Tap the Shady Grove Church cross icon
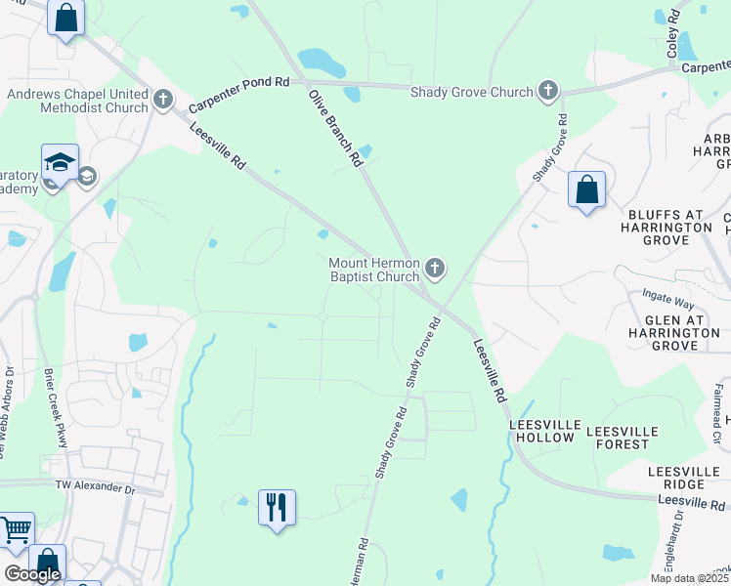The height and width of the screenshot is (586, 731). pyautogui.click(x=548, y=92)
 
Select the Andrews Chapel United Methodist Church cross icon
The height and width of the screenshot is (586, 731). pyautogui.click(x=162, y=100)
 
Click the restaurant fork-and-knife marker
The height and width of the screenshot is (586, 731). pyautogui.click(x=277, y=507)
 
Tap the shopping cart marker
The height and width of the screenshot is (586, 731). pyautogui.click(x=15, y=530)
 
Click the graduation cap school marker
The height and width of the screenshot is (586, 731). pyautogui.click(x=60, y=162)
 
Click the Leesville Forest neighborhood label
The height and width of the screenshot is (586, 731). pyautogui.click(x=619, y=437)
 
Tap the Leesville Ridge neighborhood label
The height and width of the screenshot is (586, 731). pyautogui.click(x=690, y=478)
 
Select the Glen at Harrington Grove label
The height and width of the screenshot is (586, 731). pyautogui.click(x=681, y=332)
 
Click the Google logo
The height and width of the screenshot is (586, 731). pyautogui.click(x=32, y=574)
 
